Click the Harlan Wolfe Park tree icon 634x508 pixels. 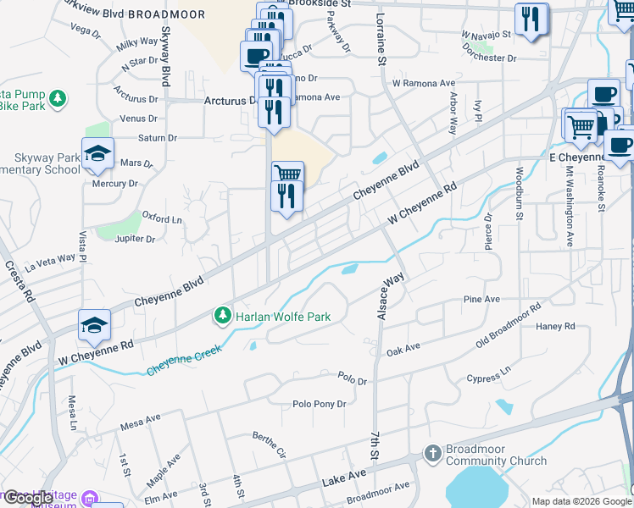tap(223, 317)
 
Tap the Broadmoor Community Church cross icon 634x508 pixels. tap(433, 453)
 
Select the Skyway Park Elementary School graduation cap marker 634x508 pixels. tap(97, 153)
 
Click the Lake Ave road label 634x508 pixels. tap(344, 478)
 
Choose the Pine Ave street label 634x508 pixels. tap(481, 300)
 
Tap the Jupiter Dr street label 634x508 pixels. tap(137, 239)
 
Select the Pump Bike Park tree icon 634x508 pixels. tap(58, 99)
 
